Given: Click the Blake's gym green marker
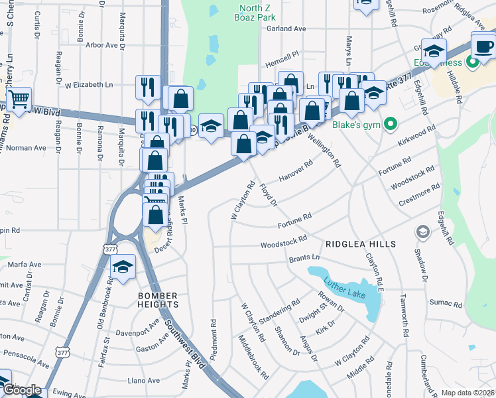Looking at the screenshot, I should [x=391, y=123].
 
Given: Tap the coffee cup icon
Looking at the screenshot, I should [x=483, y=46].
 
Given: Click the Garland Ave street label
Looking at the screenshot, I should [x=286, y=29].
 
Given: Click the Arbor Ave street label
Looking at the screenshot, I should [x=105, y=45].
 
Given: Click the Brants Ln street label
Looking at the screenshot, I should [x=304, y=257].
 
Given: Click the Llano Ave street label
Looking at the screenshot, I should [x=144, y=381].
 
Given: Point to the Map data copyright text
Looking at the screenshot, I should [x=468, y=393].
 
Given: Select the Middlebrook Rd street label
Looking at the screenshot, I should [x=253, y=357].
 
